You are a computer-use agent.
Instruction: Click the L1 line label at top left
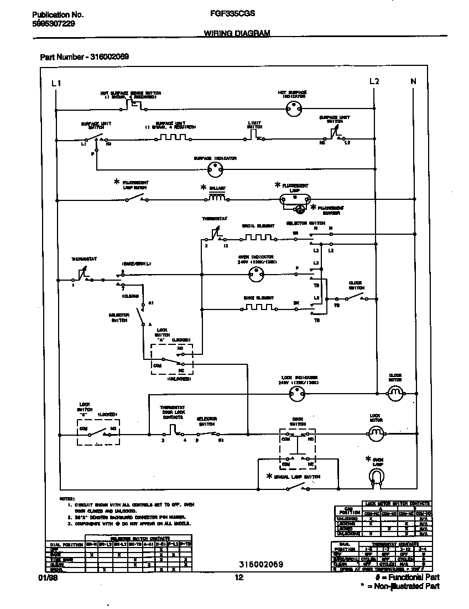pos(56,83)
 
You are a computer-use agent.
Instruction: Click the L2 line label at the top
pos(374,81)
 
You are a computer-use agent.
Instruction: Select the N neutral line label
pos(413,81)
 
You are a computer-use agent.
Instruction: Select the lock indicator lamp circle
pos(298,394)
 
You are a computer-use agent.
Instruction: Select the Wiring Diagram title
pos(233,33)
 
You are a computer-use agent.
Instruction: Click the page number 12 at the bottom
pos(239,577)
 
